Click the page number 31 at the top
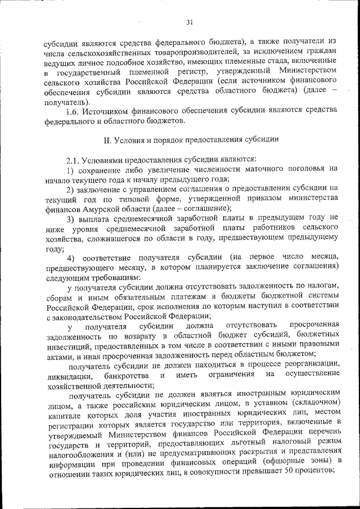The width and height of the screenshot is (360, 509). [x=190, y=22]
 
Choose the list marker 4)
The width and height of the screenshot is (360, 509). [x=70, y=258]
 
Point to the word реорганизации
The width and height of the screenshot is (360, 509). [x=310, y=364]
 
